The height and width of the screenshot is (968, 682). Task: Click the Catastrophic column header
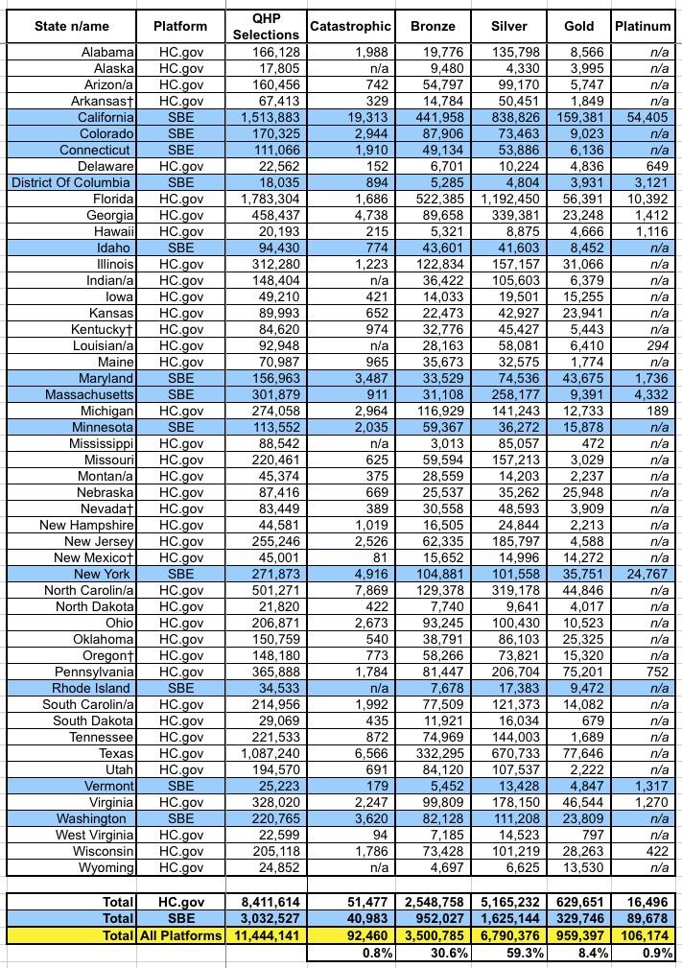click(x=350, y=26)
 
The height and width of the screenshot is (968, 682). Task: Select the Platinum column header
click(x=642, y=26)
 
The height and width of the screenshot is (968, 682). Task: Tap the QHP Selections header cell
click(x=266, y=26)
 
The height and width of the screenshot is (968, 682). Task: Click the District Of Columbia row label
click(x=73, y=182)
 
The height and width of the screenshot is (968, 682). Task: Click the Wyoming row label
click(x=106, y=867)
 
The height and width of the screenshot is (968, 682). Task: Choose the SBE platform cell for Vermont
click(x=180, y=786)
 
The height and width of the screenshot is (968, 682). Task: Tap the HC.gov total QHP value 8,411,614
click(x=266, y=903)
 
